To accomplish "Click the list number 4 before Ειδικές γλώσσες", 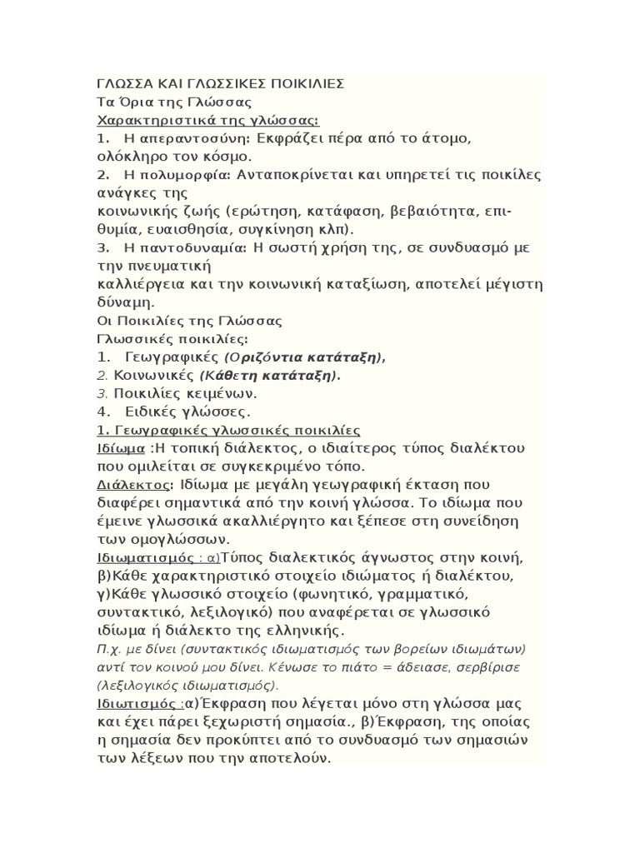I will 103,412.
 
